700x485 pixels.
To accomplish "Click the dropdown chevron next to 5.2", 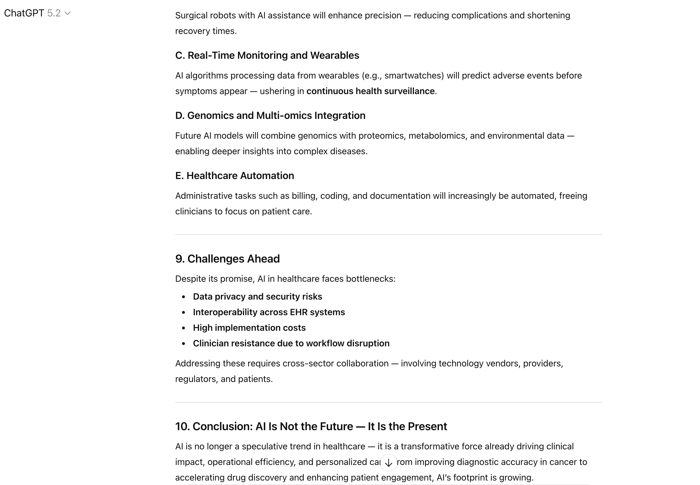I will (68, 13).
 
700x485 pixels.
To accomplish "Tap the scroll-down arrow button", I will (388, 462).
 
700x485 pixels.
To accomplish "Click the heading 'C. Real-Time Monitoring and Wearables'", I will (267, 55).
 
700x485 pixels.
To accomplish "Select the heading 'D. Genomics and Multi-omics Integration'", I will (270, 116).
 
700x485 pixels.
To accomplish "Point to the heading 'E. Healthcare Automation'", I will (235, 176).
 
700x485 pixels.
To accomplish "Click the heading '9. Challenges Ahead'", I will (227, 259).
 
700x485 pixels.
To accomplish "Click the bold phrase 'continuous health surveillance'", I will (370, 91).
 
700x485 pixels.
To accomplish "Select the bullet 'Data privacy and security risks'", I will (257, 296).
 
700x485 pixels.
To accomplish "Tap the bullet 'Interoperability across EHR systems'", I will (269, 312).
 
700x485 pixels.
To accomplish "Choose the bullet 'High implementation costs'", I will (249, 328).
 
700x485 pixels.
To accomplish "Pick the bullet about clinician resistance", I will (291, 343).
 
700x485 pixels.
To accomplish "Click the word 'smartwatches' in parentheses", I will (414, 75).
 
